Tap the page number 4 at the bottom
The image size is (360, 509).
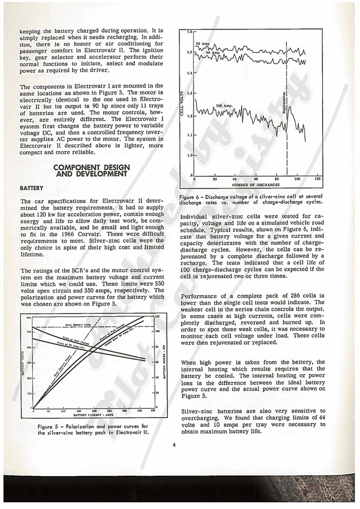[175, 445]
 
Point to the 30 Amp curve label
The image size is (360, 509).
[203, 43]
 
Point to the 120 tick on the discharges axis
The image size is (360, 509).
[317, 178]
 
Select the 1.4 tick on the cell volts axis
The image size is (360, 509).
[189, 73]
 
